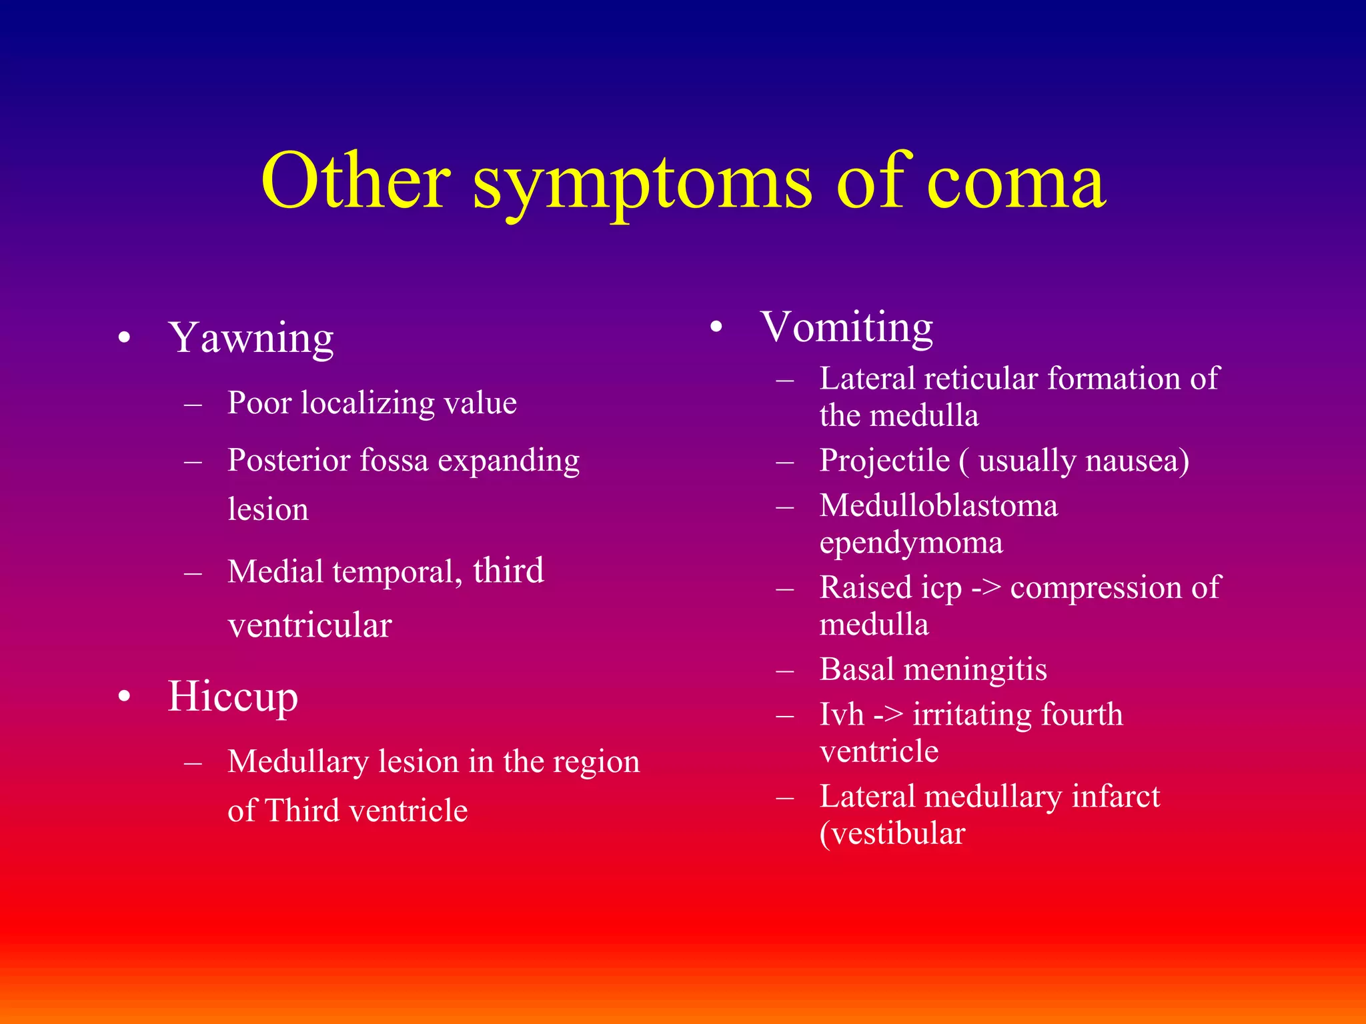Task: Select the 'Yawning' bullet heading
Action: [x=251, y=339]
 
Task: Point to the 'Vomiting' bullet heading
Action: [x=846, y=328]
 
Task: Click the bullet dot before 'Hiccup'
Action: [x=124, y=697]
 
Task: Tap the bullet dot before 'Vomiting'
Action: [x=716, y=327]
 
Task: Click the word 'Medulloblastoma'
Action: [x=938, y=505]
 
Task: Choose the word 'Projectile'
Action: [x=884, y=460]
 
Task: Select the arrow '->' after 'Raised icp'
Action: [x=986, y=588]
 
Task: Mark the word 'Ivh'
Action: [x=842, y=714]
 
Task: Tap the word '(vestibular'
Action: [x=892, y=833]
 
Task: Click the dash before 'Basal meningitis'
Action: [x=786, y=670]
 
